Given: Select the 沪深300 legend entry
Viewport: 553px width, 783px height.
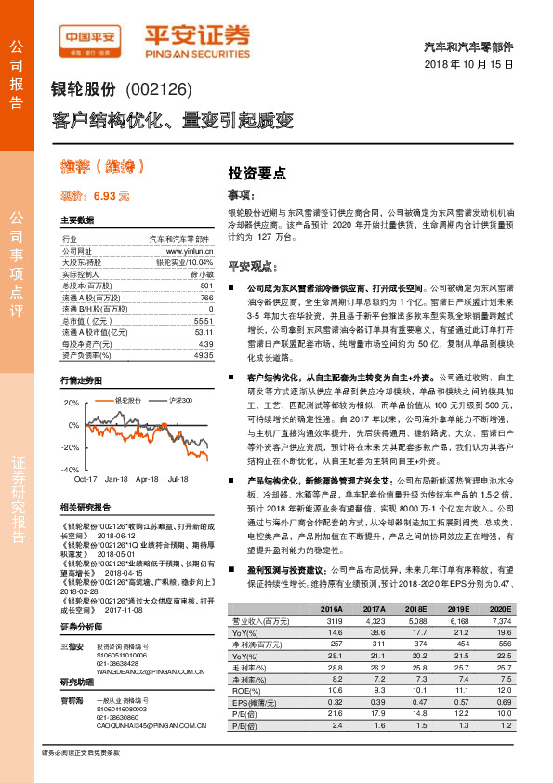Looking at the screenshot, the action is pyautogui.click(x=181, y=399).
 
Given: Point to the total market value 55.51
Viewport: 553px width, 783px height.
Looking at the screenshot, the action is pyautogui.click(x=204, y=319).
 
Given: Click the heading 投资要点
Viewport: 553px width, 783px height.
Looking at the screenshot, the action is pyautogui.click(x=257, y=172).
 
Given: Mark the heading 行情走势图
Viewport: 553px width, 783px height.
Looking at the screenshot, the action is pyautogui.click(x=82, y=381).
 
